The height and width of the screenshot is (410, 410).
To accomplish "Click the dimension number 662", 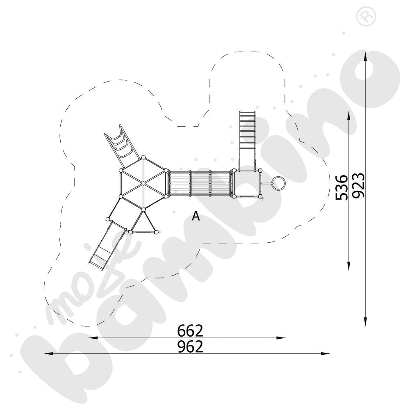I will click(x=190, y=330).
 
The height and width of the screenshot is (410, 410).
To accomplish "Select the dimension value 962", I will click(x=190, y=347).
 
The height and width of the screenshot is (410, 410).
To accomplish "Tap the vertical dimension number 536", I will click(x=342, y=187).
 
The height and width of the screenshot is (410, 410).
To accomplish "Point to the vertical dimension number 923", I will click(x=358, y=185).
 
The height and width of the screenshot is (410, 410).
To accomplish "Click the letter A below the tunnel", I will click(x=196, y=216).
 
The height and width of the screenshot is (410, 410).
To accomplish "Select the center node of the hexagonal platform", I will click(x=143, y=183).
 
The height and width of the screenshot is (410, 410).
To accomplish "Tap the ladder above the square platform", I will click(x=247, y=131).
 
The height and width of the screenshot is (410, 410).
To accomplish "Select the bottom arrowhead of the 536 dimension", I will click(x=348, y=268).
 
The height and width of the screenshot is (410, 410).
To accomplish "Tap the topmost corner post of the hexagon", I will click(x=143, y=157).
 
